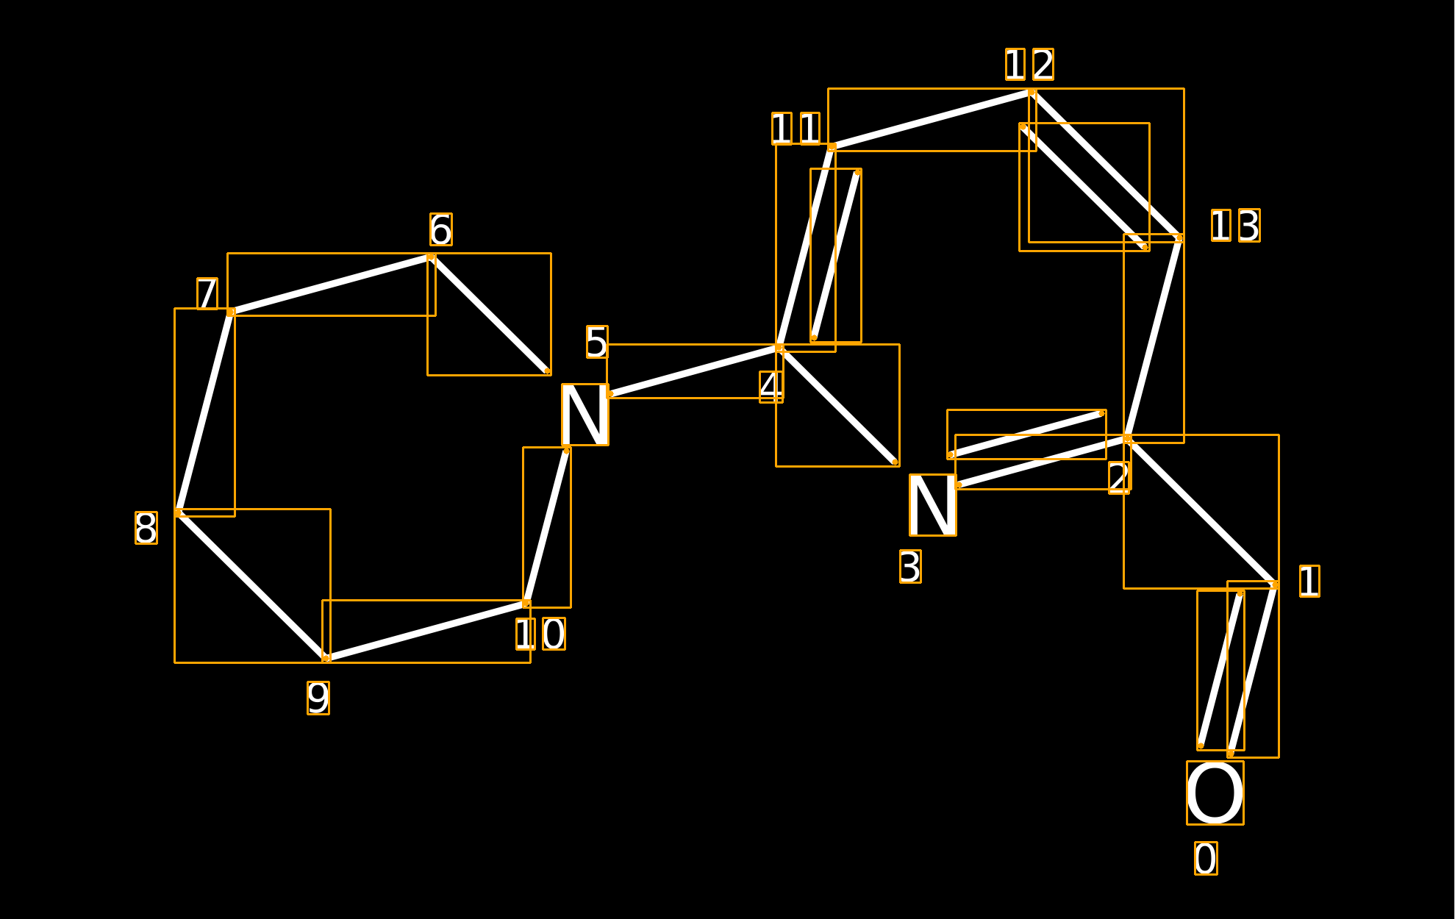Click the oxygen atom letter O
click(1215, 793)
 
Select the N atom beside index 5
click(585, 415)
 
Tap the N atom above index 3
click(932, 505)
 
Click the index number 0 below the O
click(1206, 858)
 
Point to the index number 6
click(441, 229)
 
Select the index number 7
click(207, 293)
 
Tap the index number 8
click(146, 528)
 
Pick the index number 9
click(318, 698)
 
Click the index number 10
click(540, 634)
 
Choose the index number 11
click(796, 129)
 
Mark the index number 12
click(1029, 65)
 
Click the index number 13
click(1235, 225)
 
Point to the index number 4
click(771, 387)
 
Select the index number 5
click(597, 342)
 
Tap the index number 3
click(910, 567)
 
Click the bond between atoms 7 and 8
click(204, 412)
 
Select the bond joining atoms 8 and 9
click(252, 585)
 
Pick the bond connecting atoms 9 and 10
click(426, 631)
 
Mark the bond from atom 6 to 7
click(331, 285)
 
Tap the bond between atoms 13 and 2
click(1154, 338)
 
